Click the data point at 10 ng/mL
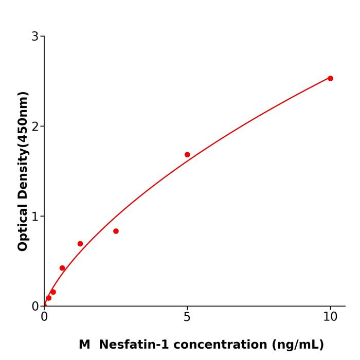point(330,78)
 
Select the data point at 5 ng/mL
point(187,154)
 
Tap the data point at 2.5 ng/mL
point(116,231)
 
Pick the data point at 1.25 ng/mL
point(80,244)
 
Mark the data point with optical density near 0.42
point(62,268)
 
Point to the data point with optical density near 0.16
point(53,292)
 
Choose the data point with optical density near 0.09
point(48,298)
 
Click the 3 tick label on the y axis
point(35,37)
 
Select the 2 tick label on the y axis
point(35,127)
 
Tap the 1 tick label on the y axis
point(35,217)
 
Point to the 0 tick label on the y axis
point(35,307)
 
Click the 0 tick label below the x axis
point(44,317)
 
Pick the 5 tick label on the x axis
point(187,317)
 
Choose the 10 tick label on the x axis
point(330,317)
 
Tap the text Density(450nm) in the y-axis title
point(23,146)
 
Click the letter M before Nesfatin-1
point(84,345)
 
